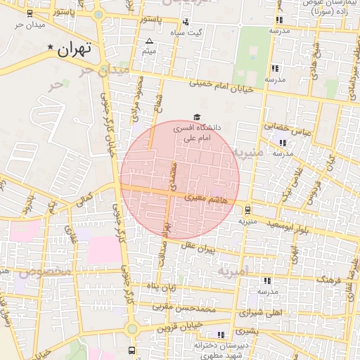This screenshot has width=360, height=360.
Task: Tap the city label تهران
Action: tap(75, 50)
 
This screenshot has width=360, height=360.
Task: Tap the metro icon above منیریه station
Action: tap(247, 209)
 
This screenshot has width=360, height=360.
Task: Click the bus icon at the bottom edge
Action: tap(131, 349)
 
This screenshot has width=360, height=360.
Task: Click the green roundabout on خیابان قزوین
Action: tap(131, 328)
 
